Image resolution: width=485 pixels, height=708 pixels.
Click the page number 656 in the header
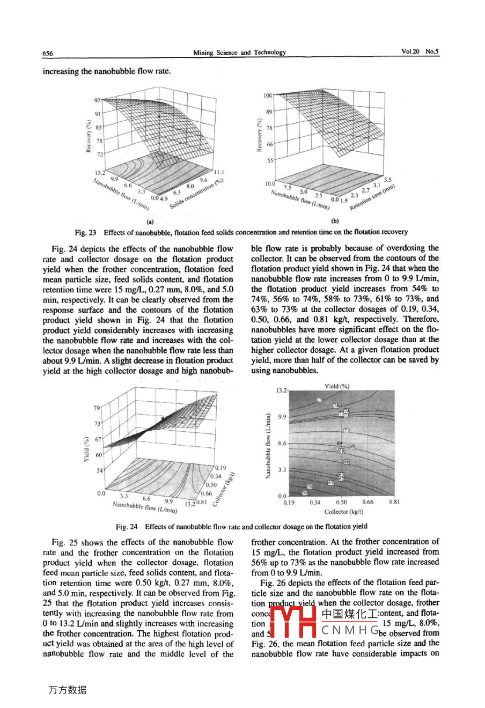(x=48, y=53)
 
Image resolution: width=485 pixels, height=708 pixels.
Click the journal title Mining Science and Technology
(x=239, y=52)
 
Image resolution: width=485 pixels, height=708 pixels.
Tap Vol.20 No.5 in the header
(x=420, y=51)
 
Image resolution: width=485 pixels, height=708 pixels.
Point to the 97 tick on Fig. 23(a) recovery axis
(x=98, y=100)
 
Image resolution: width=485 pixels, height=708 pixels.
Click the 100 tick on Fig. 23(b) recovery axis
(x=268, y=95)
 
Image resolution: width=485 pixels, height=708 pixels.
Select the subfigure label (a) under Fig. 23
(x=150, y=221)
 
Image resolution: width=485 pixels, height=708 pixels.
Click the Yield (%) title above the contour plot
(x=337, y=386)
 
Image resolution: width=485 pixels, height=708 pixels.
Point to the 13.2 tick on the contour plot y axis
(x=282, y=391)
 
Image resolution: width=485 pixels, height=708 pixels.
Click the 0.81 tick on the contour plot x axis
(x=394, y=503)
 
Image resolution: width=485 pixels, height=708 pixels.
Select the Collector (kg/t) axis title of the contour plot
(x=343, y=512)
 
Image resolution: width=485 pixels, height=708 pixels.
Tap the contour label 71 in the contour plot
(x=347, y=430)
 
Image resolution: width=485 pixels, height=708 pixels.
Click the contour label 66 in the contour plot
(x=347, y=462)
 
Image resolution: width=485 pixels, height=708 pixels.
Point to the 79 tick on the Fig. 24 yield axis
(x=97, y=408)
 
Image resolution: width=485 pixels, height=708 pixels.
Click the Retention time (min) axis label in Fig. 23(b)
(x=372, y=197)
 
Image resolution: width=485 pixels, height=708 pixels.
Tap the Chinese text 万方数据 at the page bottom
(x=67, y=690)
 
